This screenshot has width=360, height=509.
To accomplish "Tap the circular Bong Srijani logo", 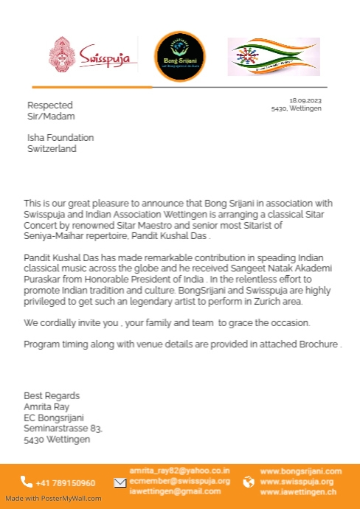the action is (180, 56).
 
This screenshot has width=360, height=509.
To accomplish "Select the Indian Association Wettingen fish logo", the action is (273, 56).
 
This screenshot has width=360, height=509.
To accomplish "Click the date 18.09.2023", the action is (305, 100).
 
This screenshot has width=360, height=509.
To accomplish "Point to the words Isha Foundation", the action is (60, 137).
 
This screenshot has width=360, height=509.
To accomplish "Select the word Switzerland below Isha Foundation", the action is (52, 148).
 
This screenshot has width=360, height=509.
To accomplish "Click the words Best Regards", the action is (52, 396).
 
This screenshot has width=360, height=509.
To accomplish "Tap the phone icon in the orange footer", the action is (27, 482).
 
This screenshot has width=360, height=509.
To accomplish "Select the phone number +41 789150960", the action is (66, 482).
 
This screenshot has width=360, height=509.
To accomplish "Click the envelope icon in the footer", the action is (120, 482).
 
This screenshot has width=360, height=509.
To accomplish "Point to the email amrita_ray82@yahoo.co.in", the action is (179, 471).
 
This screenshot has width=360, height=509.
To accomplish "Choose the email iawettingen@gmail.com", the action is (175, 491).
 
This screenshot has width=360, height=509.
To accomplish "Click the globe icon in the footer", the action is (249, 482).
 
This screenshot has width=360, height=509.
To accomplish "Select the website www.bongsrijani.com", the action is (301, 471).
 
